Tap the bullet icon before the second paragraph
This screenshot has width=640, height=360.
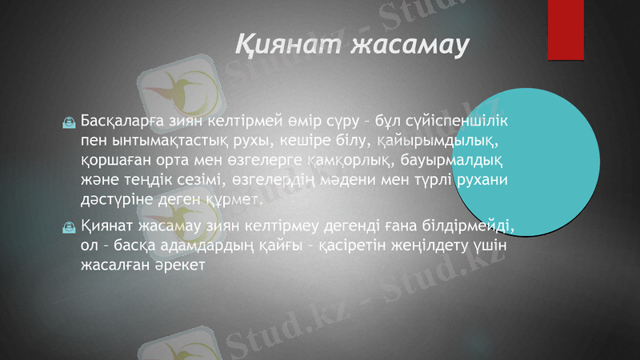70,229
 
